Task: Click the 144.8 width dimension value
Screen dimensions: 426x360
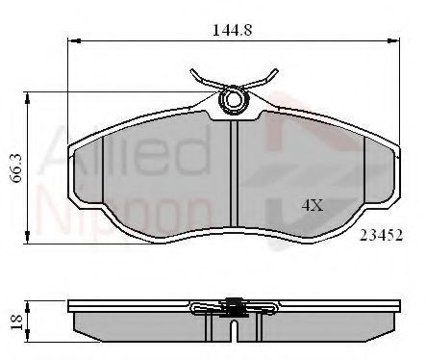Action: tap(233, 30)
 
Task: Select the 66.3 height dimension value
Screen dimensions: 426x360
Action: tap(16, 167)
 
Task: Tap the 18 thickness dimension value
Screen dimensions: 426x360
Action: tap(16, 322)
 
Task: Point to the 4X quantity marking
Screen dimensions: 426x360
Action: tap(313, 206)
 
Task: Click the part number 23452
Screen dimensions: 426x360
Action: tap(381, 236)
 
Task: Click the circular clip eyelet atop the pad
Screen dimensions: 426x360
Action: tap(233, 99)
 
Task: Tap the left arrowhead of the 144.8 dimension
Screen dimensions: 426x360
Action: tap(74, 40)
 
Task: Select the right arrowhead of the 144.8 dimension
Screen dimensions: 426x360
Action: tap(393, 40)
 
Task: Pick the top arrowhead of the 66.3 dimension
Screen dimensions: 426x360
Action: tap(28, 98)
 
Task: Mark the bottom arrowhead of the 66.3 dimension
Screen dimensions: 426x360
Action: tap(28, 238)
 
